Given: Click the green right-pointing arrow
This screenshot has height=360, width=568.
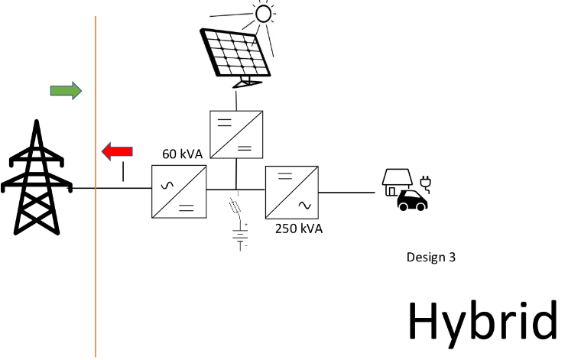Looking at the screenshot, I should click(66, 91).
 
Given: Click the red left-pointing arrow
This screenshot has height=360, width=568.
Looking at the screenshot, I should click(117, 151).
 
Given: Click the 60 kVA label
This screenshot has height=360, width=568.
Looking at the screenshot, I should click(182, 154).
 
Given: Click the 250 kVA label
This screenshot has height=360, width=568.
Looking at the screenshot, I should click(298, 229).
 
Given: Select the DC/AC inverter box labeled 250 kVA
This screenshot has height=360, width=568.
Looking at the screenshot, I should click(291, 192).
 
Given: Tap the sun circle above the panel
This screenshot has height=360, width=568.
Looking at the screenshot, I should click(264, 13).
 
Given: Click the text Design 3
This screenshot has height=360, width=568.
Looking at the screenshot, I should click(430, 258).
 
